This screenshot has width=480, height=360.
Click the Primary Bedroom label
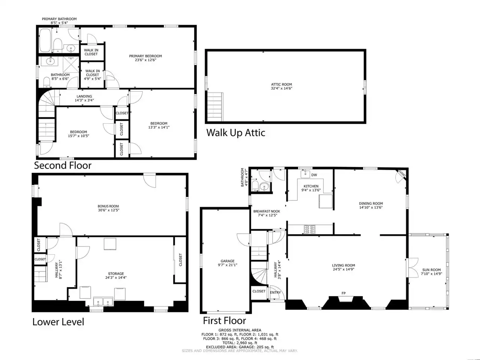(x=145, y=56)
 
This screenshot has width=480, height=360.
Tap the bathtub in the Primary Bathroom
(x=45, y=40)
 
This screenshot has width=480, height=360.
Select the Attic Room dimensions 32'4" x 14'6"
(x=282, y=88)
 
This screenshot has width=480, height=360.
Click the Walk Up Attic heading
(x=236, y=133)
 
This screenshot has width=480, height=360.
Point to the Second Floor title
(x=63, y=165)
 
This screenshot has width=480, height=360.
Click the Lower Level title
(x=58, y=322)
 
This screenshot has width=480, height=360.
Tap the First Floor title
(x=225, y=321)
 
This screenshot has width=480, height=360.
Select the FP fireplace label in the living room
(x=343, y=293)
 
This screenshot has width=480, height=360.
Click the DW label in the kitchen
(x=314, y=175)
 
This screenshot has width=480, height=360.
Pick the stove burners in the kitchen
(x=309, y=229)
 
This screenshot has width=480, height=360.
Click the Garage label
(x=227, y=261)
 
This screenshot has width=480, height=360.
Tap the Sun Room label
(x=432, y=270)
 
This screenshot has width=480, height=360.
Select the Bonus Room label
(x=108, y=206)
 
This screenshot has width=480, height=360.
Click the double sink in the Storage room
(x=103, y=302)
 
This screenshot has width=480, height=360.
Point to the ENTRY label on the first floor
(x=275, y=292)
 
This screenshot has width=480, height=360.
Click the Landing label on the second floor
(x=84, y=96)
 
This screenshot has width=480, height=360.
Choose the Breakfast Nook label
(x=267, y=211)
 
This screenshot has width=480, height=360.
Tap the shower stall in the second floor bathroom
(x=71, y=64)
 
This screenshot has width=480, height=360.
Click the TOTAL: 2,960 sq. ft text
(x=240, y=343)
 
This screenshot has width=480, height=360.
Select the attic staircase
(x=215, y=107)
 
